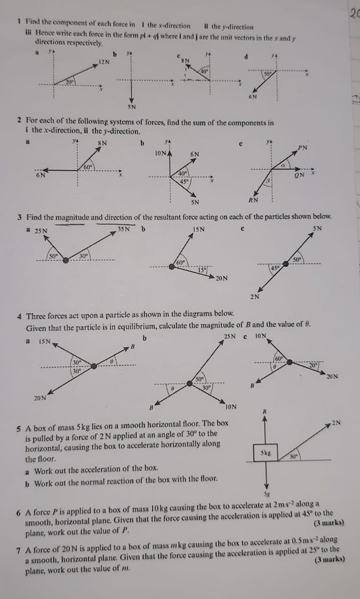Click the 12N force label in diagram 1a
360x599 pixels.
[x=103, y=61]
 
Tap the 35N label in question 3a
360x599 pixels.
[x=124, y=230]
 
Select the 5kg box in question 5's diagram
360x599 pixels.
[x=265, y=452]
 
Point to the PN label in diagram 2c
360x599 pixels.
[x=303, y=146]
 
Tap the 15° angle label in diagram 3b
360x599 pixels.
[x=202, y=270]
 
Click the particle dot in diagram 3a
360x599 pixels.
[x=65, y=260]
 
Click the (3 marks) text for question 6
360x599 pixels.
[x=326, y=522]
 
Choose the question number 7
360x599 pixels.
[x=19, y=541]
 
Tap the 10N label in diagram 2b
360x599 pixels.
[x=161, y=153]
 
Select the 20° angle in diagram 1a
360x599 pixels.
[x=71, y=81]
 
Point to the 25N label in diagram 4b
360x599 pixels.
[x=230, y=337]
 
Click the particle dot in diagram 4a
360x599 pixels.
[x=94, y=365]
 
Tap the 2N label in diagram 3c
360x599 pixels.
[x=255, y=296]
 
